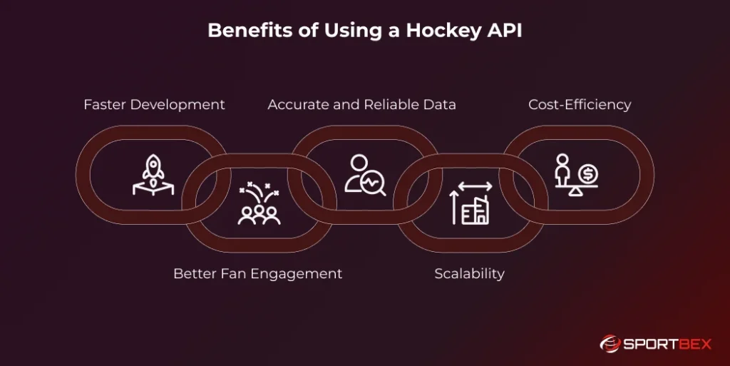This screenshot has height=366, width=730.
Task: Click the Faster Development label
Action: click(x=154, y=105)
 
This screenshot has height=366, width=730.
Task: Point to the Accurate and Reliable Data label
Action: click(x=361, y=105)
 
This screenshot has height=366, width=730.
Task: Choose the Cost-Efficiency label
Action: click(x=580, y=105)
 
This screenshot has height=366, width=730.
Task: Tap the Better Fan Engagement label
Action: click(x=257, y=274)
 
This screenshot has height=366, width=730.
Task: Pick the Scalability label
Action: click(x=469, y=274)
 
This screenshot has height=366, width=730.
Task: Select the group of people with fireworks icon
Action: click(x=257, y=205)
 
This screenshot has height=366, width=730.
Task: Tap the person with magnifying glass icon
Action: click(x=364, y=175)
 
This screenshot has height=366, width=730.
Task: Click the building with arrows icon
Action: click(x=471, y=204)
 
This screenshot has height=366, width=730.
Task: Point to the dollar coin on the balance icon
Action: click(x=589, y=172)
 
